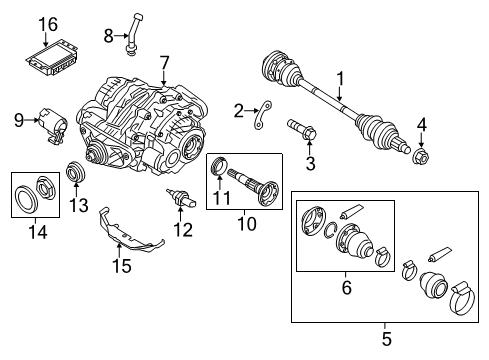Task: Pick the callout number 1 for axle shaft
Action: tap(339, 78)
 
